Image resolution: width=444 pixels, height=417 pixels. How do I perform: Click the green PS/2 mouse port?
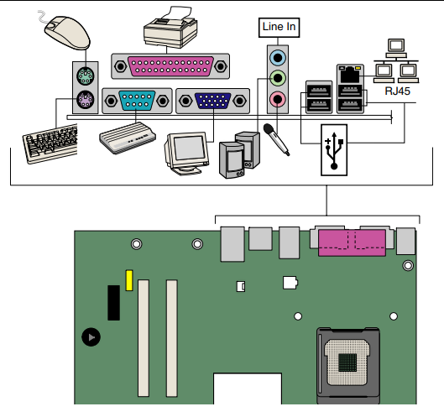click(x=86, y=76)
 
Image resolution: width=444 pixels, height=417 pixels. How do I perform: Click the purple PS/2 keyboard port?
click(x=86, y=99)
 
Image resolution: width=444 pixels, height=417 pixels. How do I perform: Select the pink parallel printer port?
click(x=170, y=66)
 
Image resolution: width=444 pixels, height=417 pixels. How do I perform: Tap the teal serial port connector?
click(x=137, y=100)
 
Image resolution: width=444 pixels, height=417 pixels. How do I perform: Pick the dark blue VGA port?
click(x=212, y=101)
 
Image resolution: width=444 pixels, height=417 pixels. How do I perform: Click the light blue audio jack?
click(x=278, y=58)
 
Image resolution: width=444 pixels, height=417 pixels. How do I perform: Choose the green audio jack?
click(x=278, y=77)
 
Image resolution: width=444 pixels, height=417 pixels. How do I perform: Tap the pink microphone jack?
click(x=278, y=99)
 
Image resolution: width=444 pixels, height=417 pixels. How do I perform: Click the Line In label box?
click(x=279, y=27)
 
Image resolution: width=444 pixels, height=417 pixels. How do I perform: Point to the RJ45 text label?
click(x=397, y=91)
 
